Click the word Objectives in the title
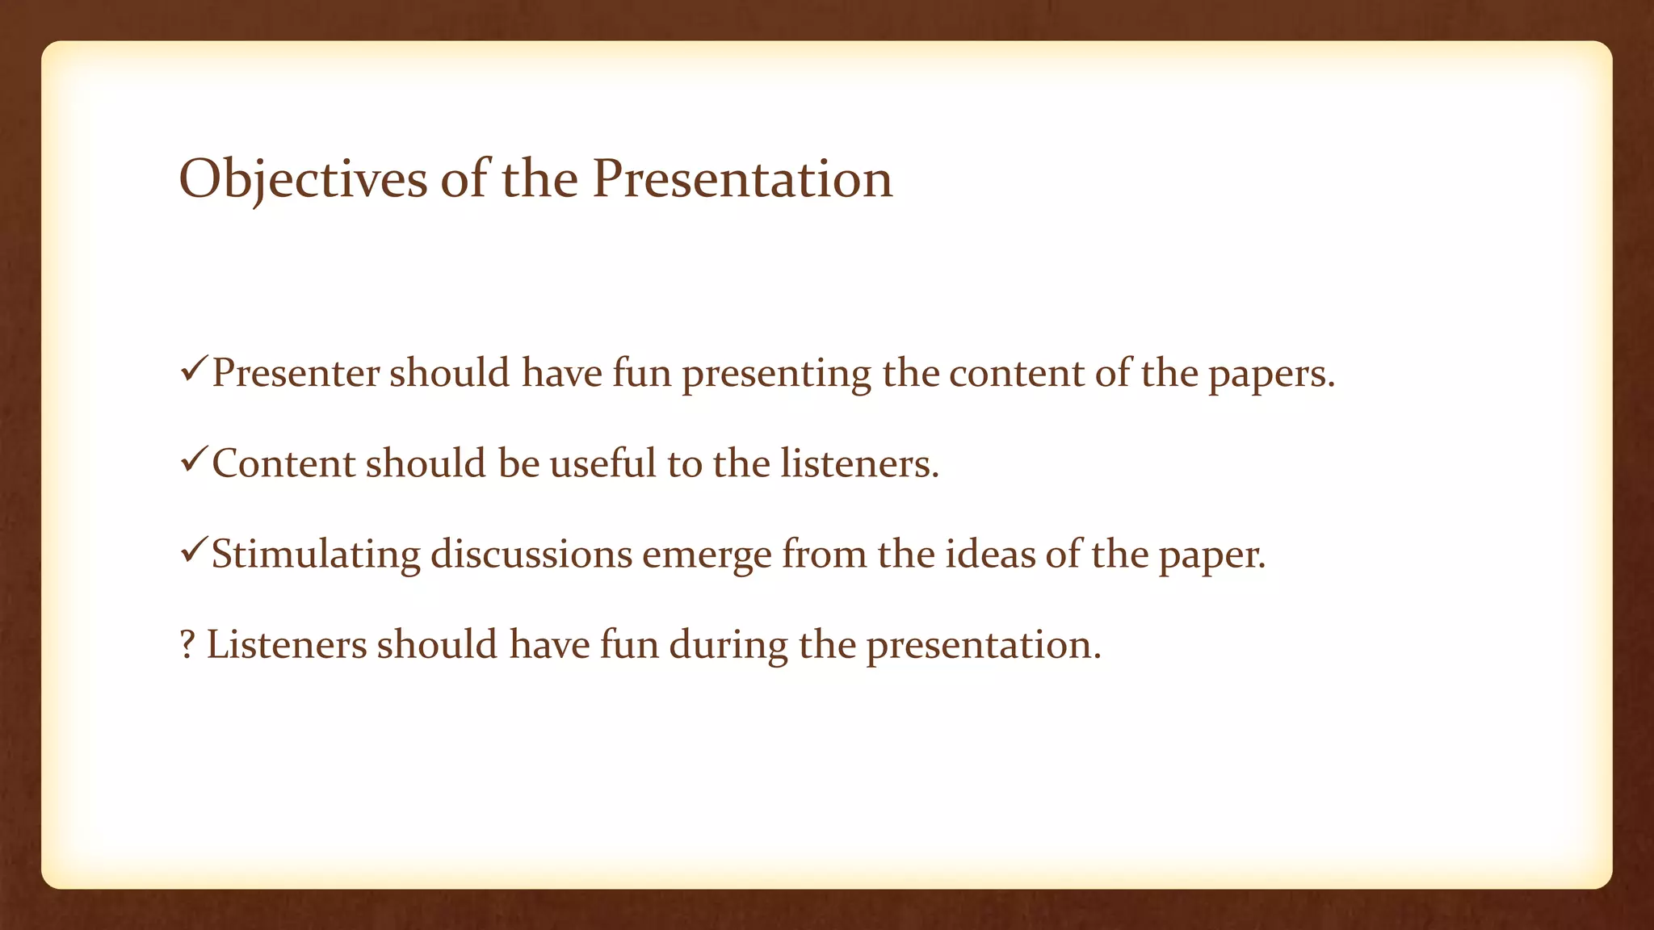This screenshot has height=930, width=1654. pos(302,179)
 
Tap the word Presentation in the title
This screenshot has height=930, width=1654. pos(742,179)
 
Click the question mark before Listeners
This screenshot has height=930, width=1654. pos(187,645)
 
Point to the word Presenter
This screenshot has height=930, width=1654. pos(296,374)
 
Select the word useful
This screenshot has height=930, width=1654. pos(603,464)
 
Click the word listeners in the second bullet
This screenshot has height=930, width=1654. pos(859,464)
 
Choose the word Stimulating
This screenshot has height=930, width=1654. pos(316,555)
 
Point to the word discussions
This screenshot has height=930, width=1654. pos(531,555)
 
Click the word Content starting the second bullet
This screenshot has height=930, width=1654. pos(283,464)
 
